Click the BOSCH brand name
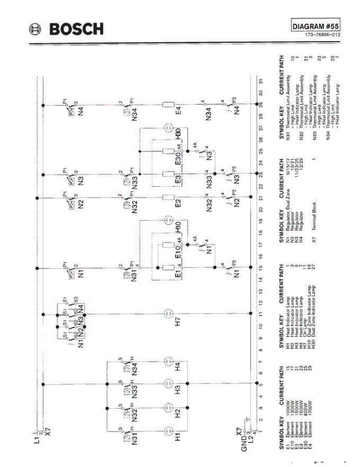coord(76,29)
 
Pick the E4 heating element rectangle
coord(169,104)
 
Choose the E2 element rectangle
coord(169,197)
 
